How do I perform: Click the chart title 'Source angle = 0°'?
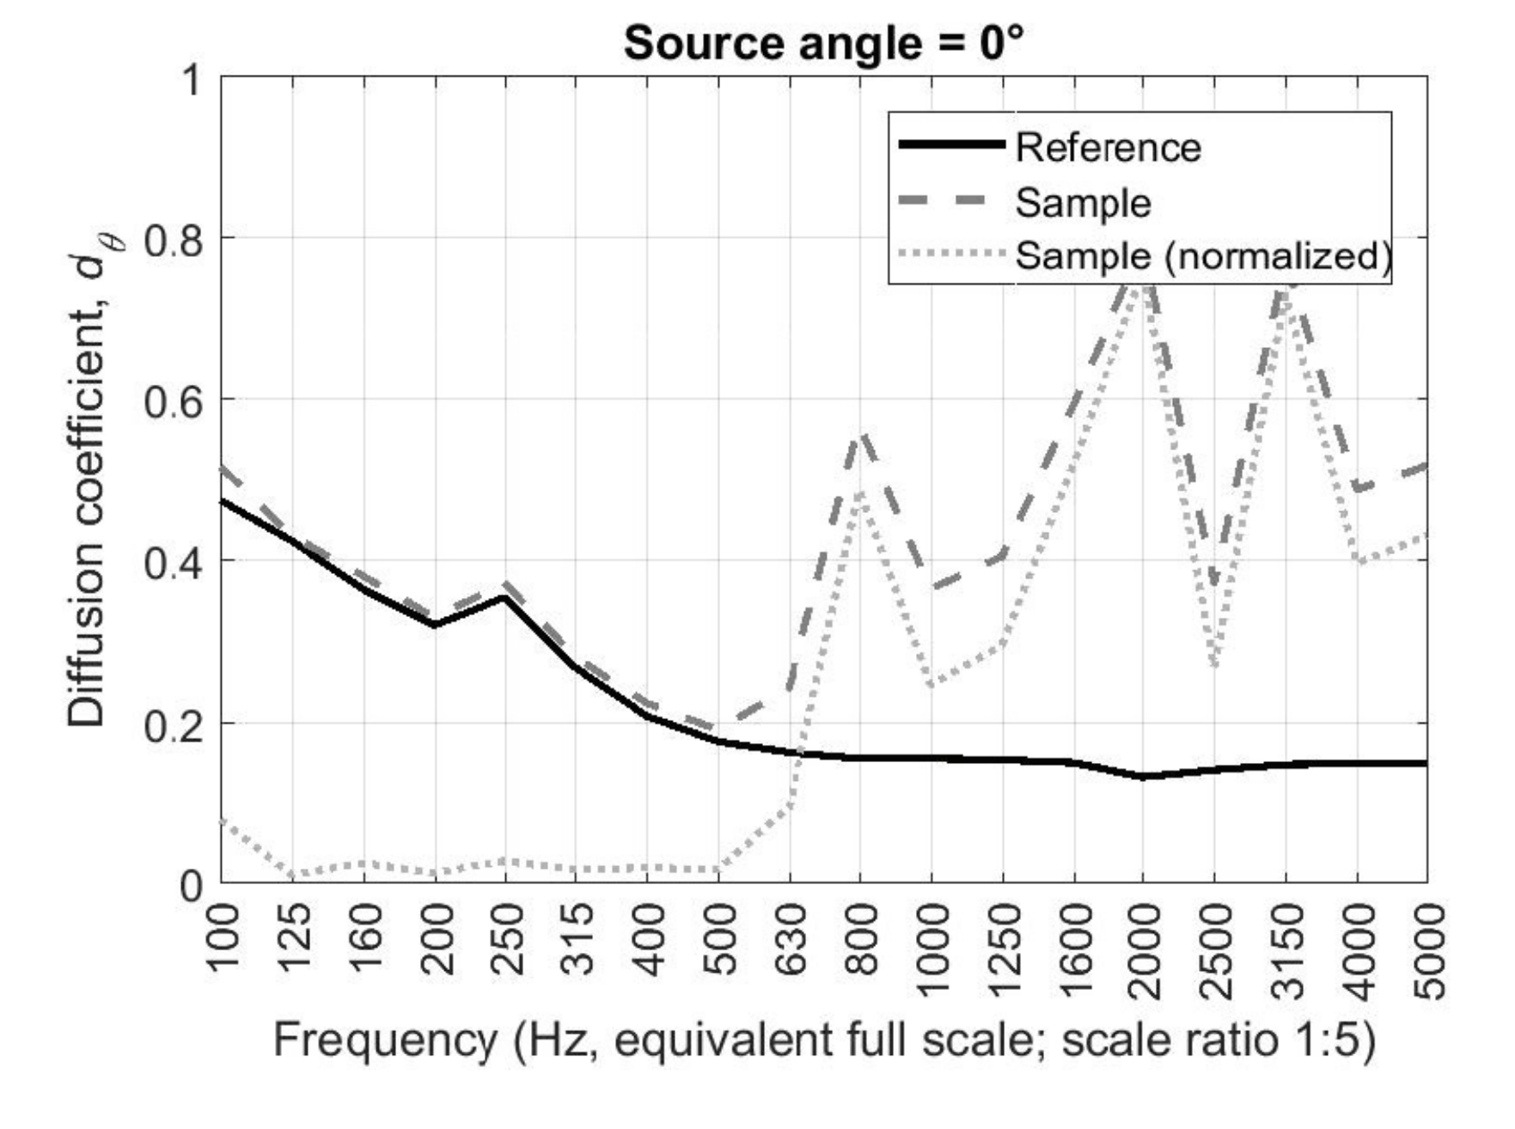coord(823,42)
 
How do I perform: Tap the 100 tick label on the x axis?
coord(224,940)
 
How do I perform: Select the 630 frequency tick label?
coord(791,940)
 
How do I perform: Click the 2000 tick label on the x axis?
coord(1145,951)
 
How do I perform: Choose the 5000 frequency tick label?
coord(1428,951)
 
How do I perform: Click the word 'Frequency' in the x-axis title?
coord(384,1041)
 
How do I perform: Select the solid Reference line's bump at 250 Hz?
coord(505,597)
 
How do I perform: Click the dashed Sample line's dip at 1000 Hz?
coord(933,587)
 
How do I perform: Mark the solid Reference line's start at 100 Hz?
coord(223,500)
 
